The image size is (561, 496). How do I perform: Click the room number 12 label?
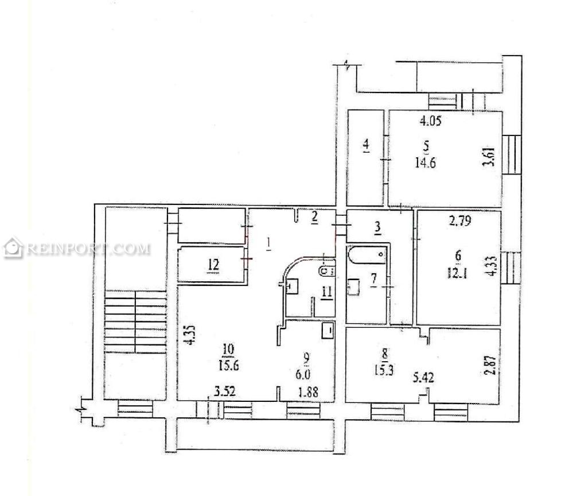click(x=213, y=265)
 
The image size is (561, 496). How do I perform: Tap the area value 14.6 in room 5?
click(x=425, y=163)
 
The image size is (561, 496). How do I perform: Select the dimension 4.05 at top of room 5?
click(x=430, y=121)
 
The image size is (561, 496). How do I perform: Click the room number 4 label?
click(x=366, y=146)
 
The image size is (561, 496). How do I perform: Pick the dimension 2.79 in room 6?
click(x=460, y=220)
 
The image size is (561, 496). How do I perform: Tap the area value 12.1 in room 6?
click(x=457, y=274)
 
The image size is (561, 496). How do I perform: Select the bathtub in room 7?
click(x=367, y=255)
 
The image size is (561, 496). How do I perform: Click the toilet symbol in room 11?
click(x=327, y=271)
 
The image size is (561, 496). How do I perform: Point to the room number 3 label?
click(x=377, y=227)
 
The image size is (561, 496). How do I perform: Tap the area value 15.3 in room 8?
click(x=384, y=370)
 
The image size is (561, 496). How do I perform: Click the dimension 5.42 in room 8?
click(x=423, y=378)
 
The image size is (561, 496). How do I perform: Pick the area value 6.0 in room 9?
click(x=303, y=375)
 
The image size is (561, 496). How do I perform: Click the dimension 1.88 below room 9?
click(x=308, y=392)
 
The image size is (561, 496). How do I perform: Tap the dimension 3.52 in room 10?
click(x=225, y=391)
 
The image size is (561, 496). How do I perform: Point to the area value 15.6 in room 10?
click(x=229, y=366)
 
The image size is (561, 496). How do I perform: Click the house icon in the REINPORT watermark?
click(x=13, y=247)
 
